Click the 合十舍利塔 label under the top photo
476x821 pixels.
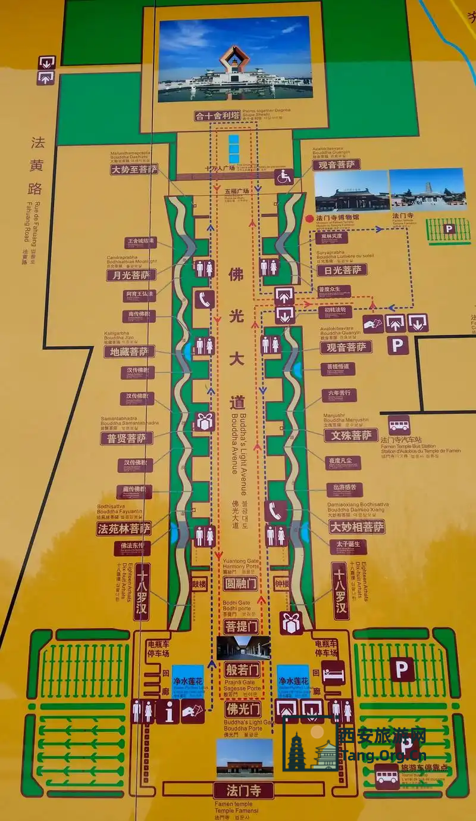[225, 116]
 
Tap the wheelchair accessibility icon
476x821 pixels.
[284, 176]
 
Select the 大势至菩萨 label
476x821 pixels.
[134, 170]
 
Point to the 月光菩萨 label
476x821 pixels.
[131, 275]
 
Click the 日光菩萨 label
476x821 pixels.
[342, 270]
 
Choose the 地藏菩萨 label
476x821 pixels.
[129, 352]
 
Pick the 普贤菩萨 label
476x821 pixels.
[127, 439]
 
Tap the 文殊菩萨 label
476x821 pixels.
[351, 436]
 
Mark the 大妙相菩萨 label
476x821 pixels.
[357, 527]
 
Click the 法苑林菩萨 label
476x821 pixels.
[124, 528]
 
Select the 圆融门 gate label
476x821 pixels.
[240, 584]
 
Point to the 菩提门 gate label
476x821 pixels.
[242, 626]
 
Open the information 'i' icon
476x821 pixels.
[168, 711]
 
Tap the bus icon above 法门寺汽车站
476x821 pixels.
[399, 425]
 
